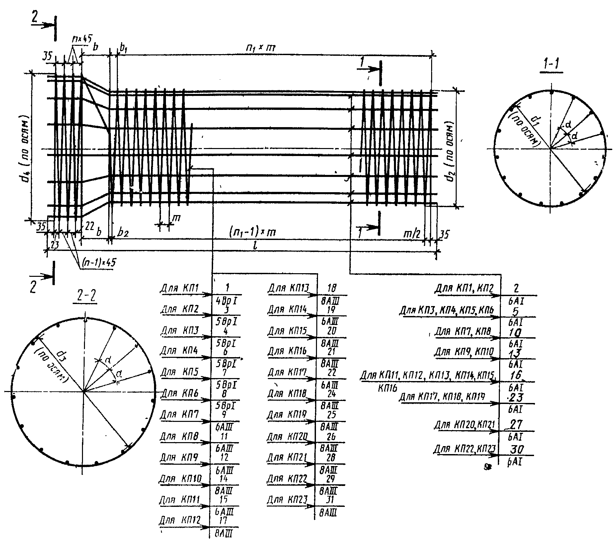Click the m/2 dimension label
411,234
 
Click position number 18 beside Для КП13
332,287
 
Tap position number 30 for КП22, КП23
516,450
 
